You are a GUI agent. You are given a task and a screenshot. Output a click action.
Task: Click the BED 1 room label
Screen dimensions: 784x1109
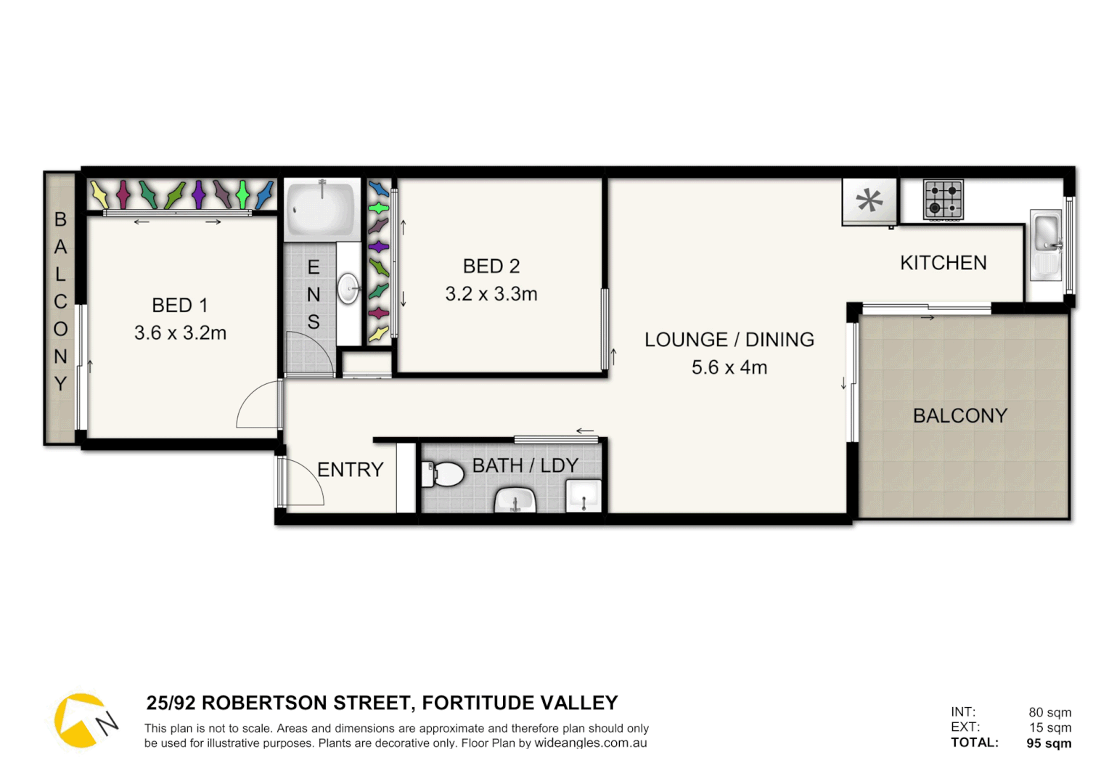click(179, 306)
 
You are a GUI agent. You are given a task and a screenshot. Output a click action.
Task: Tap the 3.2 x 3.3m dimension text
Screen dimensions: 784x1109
click(491, 294)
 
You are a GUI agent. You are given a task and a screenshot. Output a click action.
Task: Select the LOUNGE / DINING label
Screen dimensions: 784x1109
click(729, 340)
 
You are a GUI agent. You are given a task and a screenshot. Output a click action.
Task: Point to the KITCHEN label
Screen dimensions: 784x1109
click(943, 263)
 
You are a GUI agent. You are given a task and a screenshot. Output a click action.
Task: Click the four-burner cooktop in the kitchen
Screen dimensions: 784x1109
click(943, 200)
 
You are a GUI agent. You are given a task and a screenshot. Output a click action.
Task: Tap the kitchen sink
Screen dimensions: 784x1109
click(1046, 234)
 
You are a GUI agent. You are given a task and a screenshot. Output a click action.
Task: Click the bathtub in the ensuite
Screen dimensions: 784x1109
click(322, 208)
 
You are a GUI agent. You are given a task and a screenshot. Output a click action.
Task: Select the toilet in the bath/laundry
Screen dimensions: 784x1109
click(443, 475)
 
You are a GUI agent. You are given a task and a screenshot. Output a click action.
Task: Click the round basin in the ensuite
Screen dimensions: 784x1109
click(349, 288)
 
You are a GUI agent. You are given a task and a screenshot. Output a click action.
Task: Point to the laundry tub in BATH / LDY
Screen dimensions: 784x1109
click(584, 496)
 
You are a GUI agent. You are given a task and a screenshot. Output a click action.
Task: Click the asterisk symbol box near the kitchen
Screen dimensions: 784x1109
click(869, 200)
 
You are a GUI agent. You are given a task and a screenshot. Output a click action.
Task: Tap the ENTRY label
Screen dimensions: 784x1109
click(350, 470)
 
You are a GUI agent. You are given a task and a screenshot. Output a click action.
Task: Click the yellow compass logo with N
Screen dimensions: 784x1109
click(83, 720)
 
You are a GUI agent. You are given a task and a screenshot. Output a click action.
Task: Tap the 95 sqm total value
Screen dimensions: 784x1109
click(1049, 743)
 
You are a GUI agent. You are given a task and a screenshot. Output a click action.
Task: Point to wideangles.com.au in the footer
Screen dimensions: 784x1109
click(590, 743)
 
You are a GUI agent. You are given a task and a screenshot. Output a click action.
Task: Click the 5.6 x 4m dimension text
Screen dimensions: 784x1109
click(729, 367)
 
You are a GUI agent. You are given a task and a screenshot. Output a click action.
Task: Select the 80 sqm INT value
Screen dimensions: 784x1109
click(1049, 712)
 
